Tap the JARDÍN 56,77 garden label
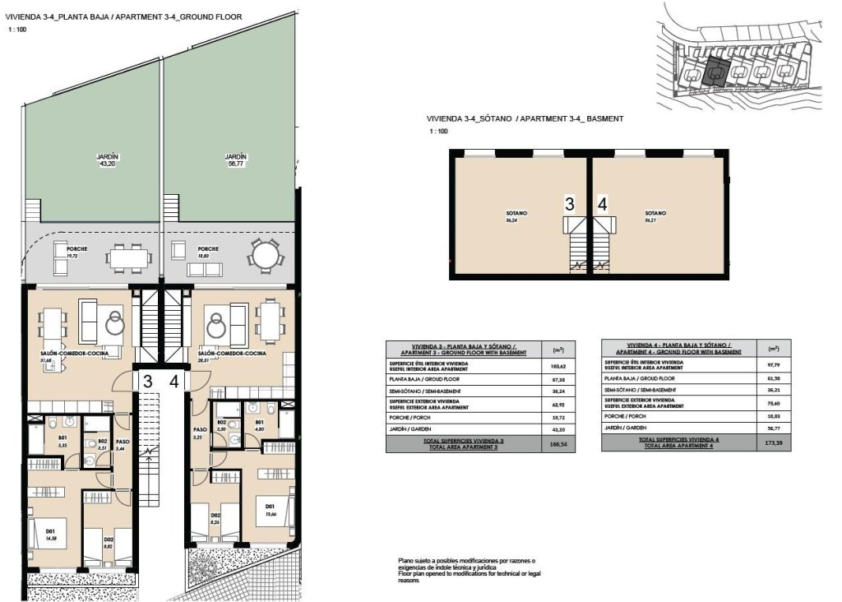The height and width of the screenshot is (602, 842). point(236,160)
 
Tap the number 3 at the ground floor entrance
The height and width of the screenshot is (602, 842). point(147,381)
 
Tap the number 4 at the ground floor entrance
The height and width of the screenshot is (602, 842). point(174,381)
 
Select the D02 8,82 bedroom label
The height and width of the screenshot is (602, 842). point(108,542)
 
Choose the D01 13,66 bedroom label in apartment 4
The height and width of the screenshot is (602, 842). point(270,510)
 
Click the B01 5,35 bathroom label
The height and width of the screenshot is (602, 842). point(40,441)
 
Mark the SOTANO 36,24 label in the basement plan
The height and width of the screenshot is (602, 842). point(516,216)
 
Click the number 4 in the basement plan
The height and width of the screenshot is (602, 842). point(603,204)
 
